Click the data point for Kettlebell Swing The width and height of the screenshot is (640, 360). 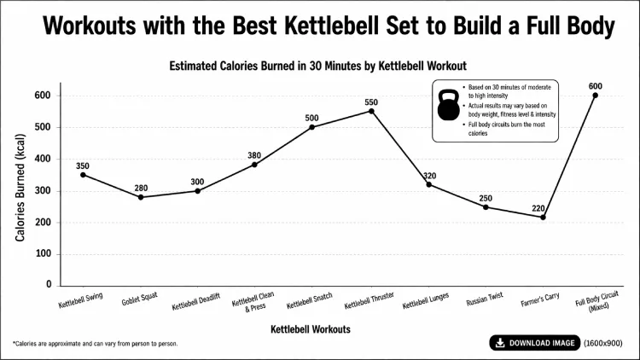click(83, 175)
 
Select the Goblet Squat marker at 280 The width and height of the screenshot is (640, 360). click(140, 197)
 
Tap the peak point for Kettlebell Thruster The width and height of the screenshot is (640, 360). click(371, 111)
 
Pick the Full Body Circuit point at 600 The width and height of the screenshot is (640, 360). click(595, 96)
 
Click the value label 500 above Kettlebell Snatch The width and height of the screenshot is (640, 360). click(312, 119)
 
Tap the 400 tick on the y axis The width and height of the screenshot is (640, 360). click(43, 159)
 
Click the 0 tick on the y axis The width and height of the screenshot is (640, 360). click(49, 285)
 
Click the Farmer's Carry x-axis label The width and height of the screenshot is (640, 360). click(540, 301)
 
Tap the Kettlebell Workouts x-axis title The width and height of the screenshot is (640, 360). click(310, 329)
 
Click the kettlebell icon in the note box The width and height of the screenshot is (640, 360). click(447, 107)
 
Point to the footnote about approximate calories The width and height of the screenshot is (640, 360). click(96, 344)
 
